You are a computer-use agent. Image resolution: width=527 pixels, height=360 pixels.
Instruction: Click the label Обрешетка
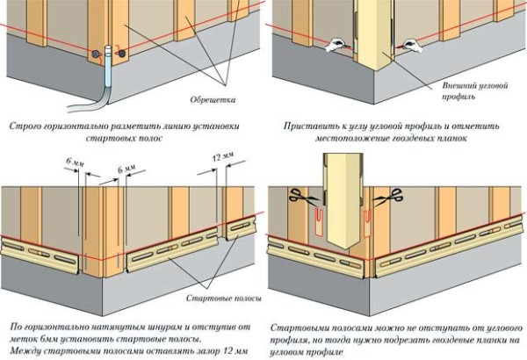point(213,99)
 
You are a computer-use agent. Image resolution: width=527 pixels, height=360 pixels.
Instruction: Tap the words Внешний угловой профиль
point(474,90)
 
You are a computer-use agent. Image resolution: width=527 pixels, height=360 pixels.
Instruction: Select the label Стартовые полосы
point(223,299)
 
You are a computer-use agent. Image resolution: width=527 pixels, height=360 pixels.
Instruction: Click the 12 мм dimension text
point(223,156)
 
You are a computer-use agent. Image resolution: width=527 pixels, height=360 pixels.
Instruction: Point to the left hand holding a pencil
point(336,45)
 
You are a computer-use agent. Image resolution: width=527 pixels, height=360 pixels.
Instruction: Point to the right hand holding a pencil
point(411,46)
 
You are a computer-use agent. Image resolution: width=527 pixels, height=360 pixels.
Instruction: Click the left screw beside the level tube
point(96,54)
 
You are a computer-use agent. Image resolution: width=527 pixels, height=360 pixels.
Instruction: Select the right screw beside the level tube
point(122,53)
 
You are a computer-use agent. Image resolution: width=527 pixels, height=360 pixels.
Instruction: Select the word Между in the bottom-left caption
point(25,350)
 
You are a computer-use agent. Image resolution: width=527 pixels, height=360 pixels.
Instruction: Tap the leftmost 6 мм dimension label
point(75,162)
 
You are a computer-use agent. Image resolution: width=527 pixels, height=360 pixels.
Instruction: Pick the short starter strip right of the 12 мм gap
point(241,228)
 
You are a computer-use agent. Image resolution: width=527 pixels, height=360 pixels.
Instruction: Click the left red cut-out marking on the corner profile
point(319,220)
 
